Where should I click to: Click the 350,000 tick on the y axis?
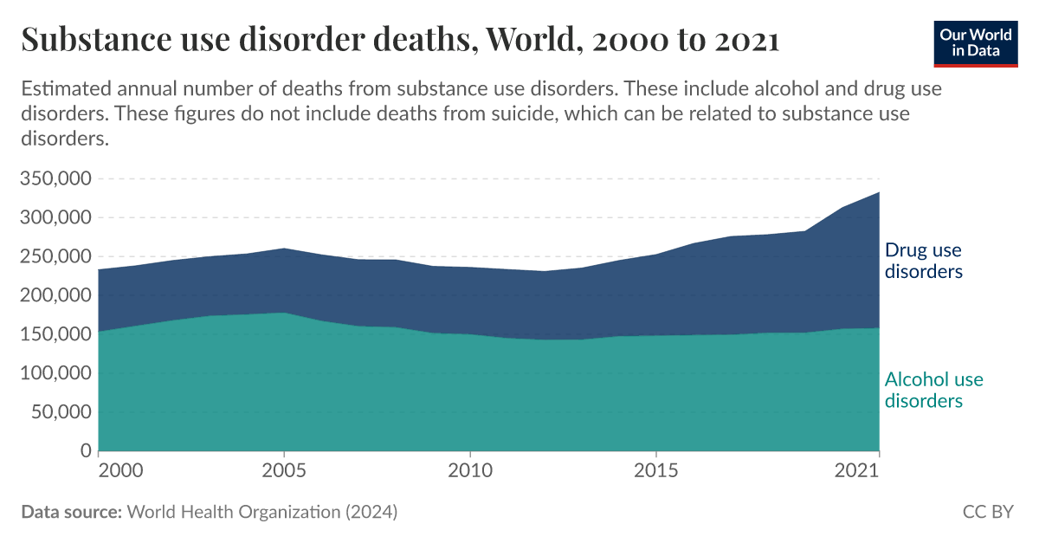pos(55,179)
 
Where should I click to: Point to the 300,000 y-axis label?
pos(55,218)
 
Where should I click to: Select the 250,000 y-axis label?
pos(55,257)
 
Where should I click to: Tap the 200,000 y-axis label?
pos(55,296)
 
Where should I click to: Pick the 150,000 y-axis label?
pos(55,334)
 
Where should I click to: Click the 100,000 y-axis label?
pos(55,373)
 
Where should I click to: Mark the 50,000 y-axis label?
pos(61,412)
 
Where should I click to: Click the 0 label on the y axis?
pos(86,451)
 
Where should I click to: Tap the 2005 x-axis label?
pos(283,471)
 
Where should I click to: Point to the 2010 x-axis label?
pos(469,471)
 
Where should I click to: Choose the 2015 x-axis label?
pos(655,471)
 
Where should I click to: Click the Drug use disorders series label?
pos(923,261)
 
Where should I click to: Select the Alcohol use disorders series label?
pos(933,390)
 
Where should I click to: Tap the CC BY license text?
pos(988,512)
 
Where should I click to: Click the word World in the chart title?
pos(528,40)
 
